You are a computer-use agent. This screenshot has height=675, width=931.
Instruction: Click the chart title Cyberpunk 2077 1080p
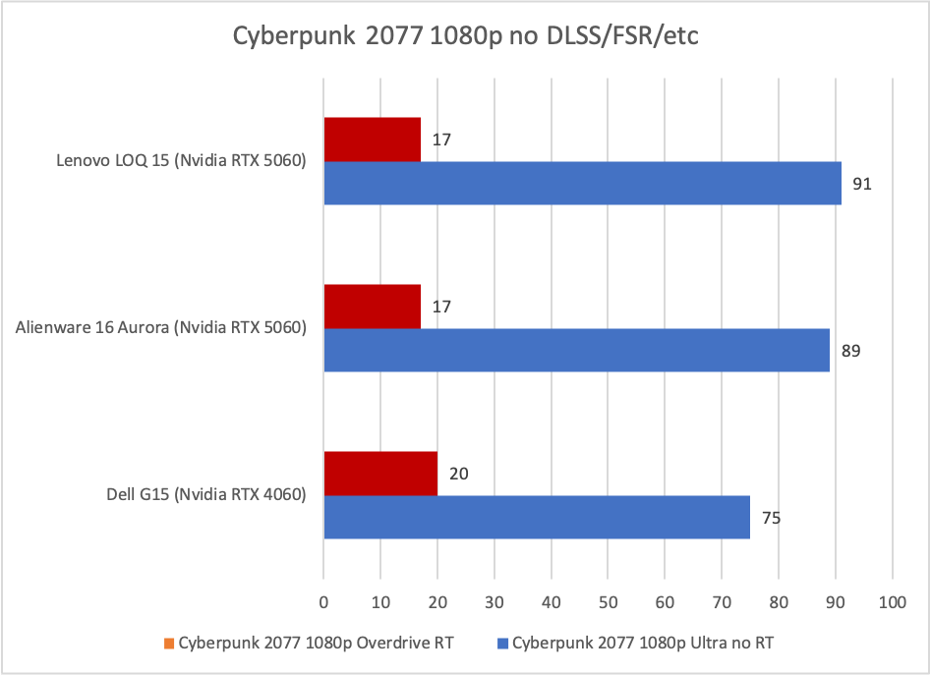[x=465, y=36]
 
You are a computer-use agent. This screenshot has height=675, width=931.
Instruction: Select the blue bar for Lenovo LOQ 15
[x=582, y=183]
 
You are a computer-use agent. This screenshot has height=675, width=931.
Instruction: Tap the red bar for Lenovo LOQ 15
[x=372, y=140]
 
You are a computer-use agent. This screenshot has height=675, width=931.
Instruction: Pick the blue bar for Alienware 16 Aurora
[x=576, y=350]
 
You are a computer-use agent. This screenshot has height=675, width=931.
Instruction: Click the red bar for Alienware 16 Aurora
[x=372, y=307]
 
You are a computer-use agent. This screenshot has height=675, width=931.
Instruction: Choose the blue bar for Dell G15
[x=537, y=517]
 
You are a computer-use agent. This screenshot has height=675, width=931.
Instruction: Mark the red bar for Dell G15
[x=380, y=474]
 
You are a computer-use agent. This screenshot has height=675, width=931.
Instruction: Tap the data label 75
[x=772, y=518]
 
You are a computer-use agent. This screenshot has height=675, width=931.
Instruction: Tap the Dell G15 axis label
[x=206, y=495]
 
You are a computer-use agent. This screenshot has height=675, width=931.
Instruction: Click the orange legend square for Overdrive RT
[x=168, y=644]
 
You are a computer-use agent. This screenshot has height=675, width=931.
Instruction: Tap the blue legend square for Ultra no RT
[x=503, y=644]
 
